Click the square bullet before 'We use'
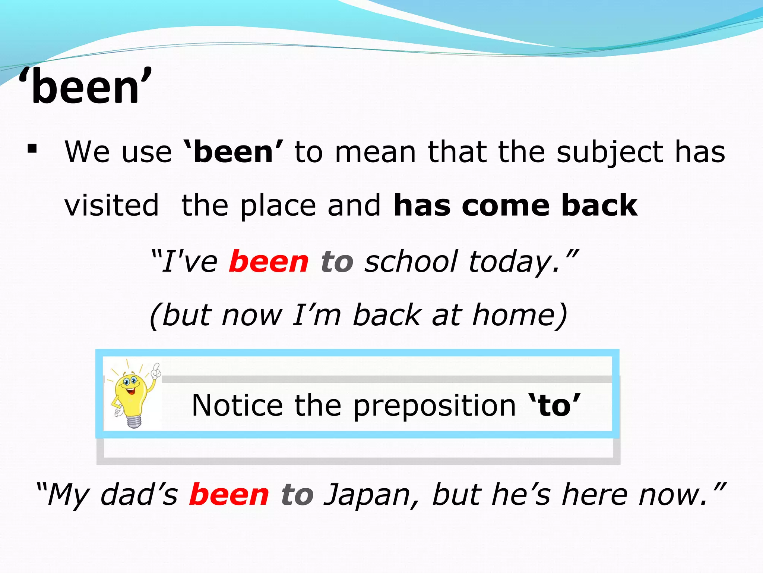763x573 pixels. [x=32, y=149]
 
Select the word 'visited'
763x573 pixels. [x=111, y=205]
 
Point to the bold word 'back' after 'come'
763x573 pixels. [x=599, y=205]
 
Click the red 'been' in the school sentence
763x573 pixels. [x=269, y=262]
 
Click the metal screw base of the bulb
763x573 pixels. [x=134, y=421]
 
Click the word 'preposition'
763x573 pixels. [x=434, y=406]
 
